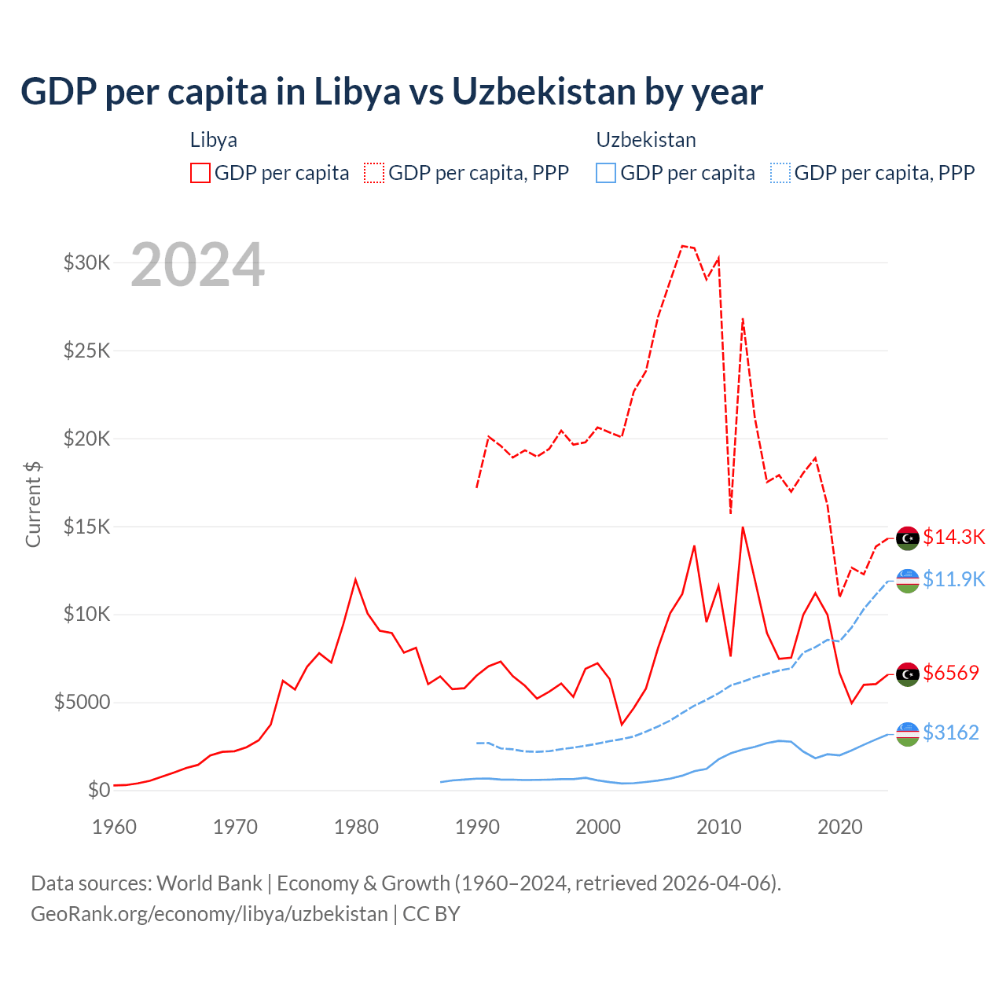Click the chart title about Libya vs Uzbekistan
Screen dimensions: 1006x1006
pos(391,92)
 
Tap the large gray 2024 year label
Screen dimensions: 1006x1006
pos(197,266)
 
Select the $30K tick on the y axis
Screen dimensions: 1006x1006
pos(87,263)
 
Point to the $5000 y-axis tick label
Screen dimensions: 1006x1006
pos(83,702)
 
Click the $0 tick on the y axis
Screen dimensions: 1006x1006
pos(98,790)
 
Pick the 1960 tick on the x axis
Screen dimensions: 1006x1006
pos(115,827)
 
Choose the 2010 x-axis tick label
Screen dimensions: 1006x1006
pos(719,827)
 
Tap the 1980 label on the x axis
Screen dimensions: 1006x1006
pos(356,827)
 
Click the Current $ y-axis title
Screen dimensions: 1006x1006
pos(33,505)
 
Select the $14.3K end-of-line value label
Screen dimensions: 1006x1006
pos(953,537)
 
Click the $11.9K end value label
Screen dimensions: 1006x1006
pos(953,579)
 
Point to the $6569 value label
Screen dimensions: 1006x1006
pos(951,673)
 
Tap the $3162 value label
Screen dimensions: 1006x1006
pos(951,732)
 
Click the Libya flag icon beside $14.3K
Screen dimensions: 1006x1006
pos(908,538)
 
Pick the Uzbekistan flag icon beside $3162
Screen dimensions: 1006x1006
pos(908,734)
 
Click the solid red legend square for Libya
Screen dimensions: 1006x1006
pos(200,173)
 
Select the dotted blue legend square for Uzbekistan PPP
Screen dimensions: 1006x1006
pos(780,173)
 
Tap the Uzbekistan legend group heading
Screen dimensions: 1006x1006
pos(646,140)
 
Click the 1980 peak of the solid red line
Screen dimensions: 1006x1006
pos(355,580)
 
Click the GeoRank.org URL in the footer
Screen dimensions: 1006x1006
pos(209,914)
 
